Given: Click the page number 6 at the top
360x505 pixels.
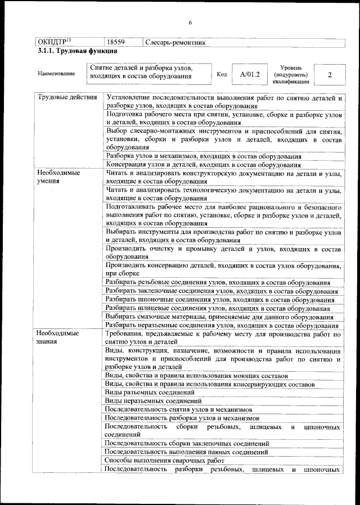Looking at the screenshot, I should [190, 22].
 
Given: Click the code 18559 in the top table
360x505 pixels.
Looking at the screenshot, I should [115, 42].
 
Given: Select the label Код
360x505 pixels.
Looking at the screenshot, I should [222, 74].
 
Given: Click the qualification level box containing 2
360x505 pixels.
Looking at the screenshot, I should [330, 74].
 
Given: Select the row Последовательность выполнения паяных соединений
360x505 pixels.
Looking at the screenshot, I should [186, 452].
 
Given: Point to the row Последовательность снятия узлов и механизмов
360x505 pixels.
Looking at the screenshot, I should [178, 409].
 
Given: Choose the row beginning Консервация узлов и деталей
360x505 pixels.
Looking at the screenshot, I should [202, 165].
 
